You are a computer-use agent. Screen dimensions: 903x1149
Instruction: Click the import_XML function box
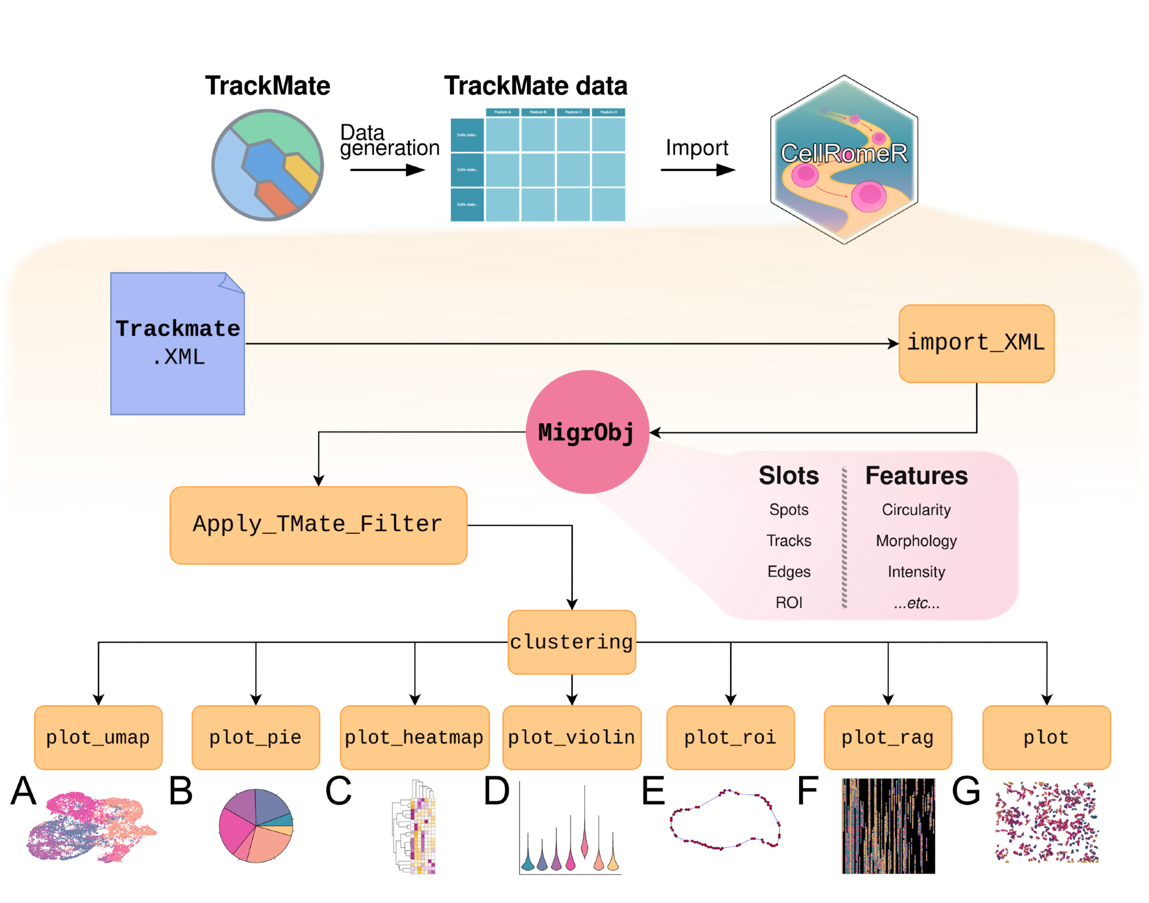coord(976,343)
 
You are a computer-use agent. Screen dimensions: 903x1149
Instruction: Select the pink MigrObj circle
coord(587,432)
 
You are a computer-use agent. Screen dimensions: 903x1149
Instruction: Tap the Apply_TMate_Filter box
coord(318,525)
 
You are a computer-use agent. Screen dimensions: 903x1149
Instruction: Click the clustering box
coord(572,641)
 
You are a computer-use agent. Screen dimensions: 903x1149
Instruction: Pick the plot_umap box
coord(98,737)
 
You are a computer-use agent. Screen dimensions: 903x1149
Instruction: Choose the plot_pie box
coord(256,737)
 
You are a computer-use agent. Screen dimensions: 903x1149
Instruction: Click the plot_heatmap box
coord(414,737)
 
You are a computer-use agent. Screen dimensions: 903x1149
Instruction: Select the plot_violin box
coord(572,737)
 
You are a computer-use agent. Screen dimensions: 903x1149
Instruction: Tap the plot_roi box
coord(730,737)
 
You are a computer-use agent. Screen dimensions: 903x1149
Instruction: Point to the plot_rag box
coord(888,737)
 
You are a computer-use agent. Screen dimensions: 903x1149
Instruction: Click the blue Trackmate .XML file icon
coord(178,343)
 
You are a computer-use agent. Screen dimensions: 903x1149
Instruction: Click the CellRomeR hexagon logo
coord(843,160)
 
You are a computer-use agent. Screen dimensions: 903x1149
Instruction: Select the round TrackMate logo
coord(268,165)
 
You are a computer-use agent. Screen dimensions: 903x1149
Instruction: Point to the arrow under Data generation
coord(387,170)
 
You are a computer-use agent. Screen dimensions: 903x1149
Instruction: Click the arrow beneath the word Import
coord(697,170)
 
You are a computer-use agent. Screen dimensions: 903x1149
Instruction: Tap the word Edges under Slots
coord(789,571)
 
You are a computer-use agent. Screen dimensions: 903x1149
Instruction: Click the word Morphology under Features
coord(916,541)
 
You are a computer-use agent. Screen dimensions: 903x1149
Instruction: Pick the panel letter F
coord(808,790)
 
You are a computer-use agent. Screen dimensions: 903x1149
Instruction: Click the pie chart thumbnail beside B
coord(256,826)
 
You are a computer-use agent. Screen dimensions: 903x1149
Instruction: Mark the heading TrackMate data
coord(535,86)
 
